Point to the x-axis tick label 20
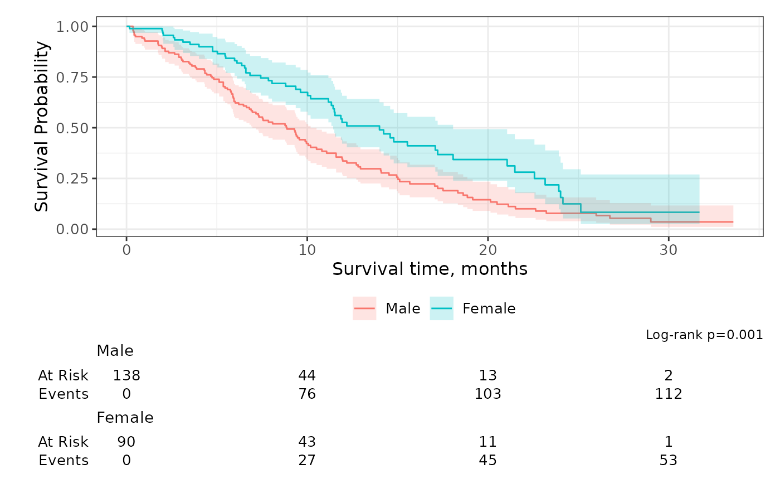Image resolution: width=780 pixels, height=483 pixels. (x=487, y=250)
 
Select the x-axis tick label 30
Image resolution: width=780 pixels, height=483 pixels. (x=669, y=250)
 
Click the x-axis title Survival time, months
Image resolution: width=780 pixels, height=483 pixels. (x=430, y=269)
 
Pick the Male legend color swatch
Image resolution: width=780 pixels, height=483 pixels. (x=364, y=308)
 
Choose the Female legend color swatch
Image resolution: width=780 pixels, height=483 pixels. (x=442, y=308)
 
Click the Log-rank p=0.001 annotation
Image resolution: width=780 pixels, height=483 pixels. (x=704, y=335)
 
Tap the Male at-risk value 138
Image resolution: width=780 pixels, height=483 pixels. (x=126, y=375)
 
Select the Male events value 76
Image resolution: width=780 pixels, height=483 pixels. (x=307, y=394)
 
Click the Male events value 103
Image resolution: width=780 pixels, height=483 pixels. (x=487, y=394)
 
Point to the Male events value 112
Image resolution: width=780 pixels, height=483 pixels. (x=669, y=394)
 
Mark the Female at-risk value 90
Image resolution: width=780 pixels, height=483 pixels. (x=126, y=442)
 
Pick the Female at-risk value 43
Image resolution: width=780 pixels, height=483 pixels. (x=307, y=442)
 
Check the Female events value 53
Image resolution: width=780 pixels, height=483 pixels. (x=669, y=461)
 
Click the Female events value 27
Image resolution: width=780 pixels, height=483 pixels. (x=307, y=461)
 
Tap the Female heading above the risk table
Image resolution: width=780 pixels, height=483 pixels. (x=125, y=418)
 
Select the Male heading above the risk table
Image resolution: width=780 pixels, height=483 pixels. (x=115, y=351)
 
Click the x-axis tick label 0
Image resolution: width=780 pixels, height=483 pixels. (x=126, y=250)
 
